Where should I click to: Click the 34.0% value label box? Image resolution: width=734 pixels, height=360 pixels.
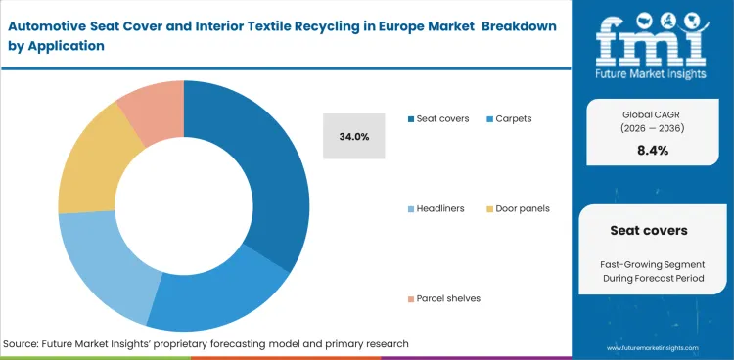point(354,136)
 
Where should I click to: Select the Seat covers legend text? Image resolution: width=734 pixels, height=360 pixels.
point(442,118)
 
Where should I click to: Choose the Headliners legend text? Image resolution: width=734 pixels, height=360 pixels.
point(440,208)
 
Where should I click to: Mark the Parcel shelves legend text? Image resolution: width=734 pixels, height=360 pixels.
point(448,298)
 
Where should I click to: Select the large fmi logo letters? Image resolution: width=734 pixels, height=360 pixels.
point(653,39)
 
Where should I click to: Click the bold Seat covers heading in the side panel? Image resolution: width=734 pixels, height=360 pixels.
point(651,231)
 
